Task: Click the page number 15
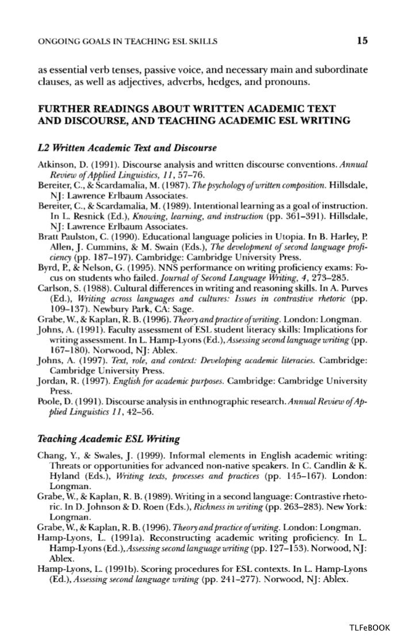pos(362,40)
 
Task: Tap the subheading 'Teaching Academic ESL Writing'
pos(93,439)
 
